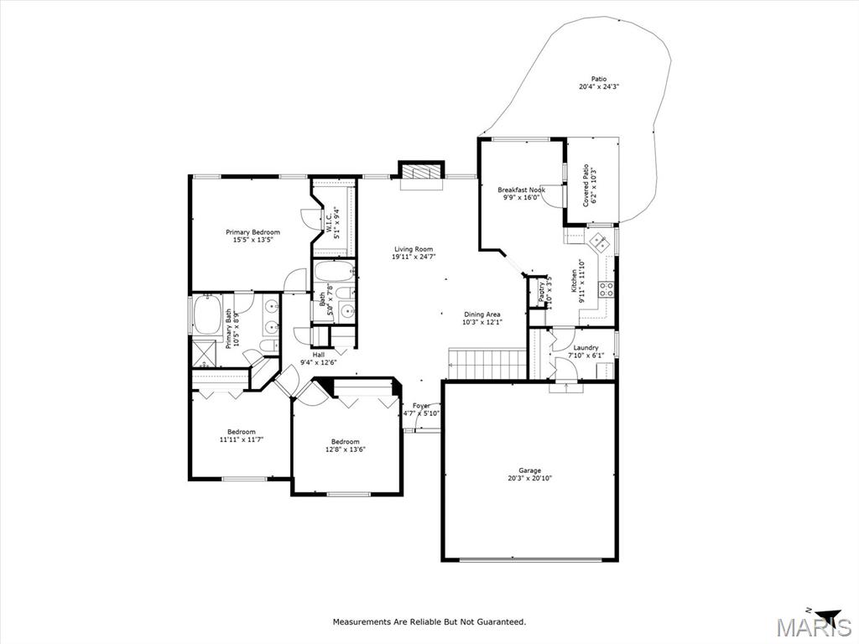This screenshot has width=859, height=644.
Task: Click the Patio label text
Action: click(598, 79)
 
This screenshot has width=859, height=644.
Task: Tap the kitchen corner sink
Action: click(601, 243)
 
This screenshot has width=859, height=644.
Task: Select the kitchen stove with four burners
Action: click(605, 289)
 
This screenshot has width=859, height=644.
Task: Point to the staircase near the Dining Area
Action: click(487, 365)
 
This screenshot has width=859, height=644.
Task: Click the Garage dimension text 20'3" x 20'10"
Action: click(529, 479)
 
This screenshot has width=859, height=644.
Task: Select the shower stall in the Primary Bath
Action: click(205, 352)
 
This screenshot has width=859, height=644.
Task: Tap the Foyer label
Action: click(421, 406)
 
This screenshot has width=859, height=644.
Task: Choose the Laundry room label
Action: click(586, 347)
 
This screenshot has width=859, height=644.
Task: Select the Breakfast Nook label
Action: click(521, 190)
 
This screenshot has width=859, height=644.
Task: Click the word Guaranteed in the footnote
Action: click(501, 621)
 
